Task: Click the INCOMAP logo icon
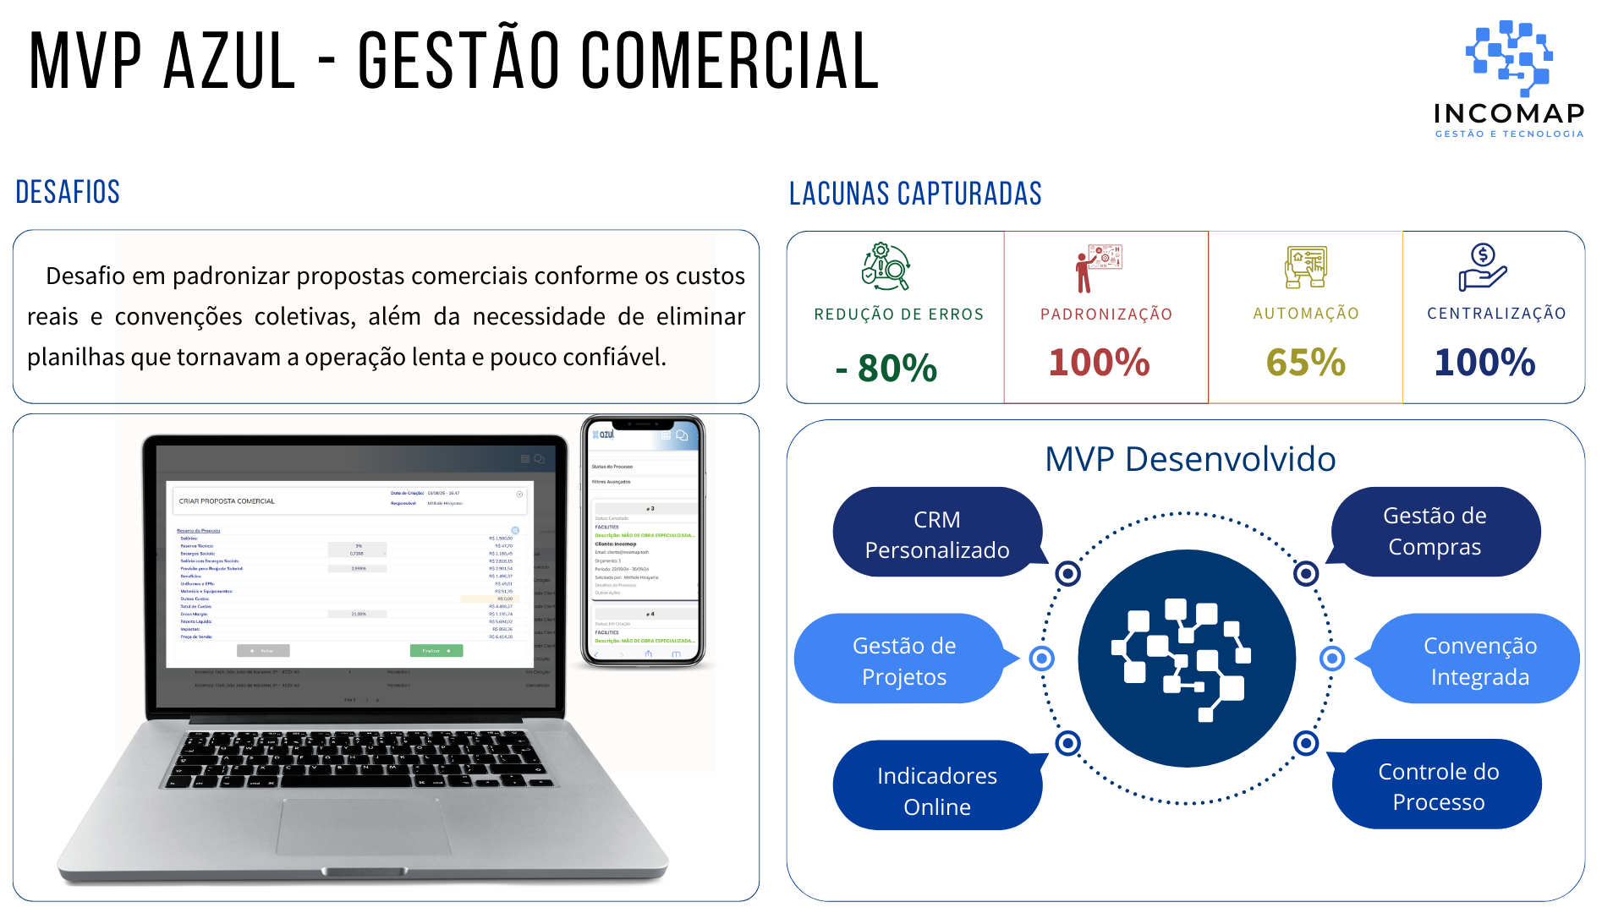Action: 1509,57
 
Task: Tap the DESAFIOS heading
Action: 68,192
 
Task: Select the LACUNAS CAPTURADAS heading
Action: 915,194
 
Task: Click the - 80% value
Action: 886,368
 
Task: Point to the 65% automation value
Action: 1305,363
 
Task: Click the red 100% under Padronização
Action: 1099,363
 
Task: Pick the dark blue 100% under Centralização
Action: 1484,363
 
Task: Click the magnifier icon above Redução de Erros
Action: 885,267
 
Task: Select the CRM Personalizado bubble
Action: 936,534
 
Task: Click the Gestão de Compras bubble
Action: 1435,531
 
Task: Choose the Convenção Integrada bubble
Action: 1479,660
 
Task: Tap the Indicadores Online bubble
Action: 936,790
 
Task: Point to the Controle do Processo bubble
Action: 1438,786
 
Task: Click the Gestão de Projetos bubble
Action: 903,660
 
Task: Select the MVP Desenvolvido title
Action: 1189,459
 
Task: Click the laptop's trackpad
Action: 364,825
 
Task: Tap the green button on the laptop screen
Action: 436,651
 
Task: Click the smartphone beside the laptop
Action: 643,541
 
